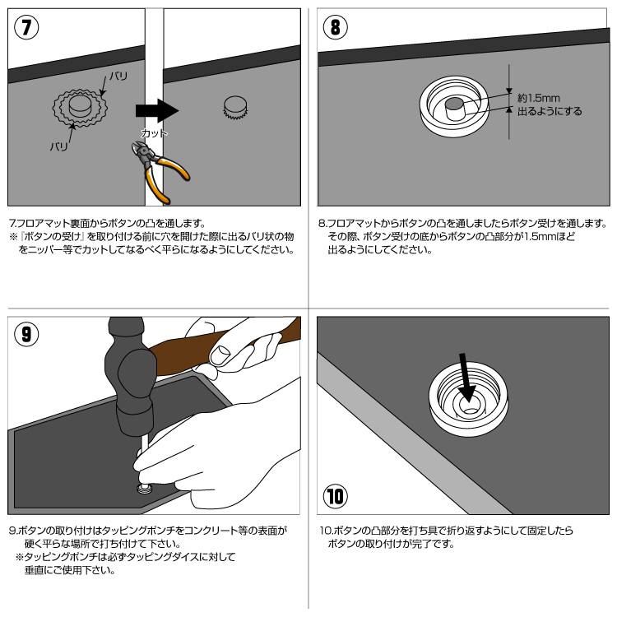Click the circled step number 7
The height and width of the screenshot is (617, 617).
pyautogui.click(x=26, y=27)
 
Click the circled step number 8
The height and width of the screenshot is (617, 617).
pyautogui.click(x=335, y=27)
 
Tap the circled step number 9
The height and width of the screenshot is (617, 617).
pyautogui.click(x=26, y=334)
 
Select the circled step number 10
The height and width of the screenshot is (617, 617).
pyautogui.click(x=336, y=496)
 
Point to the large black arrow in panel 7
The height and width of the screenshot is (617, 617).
pyautogui.click(x=157, y=110)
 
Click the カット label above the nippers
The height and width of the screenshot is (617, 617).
pyautogui.click(x=154, y=133)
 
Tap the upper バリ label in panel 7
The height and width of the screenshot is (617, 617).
pyautogui.click(x=118, y=76)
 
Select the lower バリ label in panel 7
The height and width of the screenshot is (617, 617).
pyautogui.click(x=58, y=146)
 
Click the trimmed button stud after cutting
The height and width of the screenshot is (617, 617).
pyautogui.click(x=235, y=108)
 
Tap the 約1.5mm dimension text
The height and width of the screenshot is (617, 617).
pyautogui.click(x=538, y=98)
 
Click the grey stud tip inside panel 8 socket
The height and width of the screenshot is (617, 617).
pyautogui.click(x=454, y=109)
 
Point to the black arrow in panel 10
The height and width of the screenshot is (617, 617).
pyautogui.click(x=466, y=377)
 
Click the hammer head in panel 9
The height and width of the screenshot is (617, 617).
pyautogui.click(x=130, y=378)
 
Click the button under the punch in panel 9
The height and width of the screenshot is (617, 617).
pyautogui.click(x=144, y=489)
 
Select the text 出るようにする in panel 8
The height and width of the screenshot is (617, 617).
pyautogui.click(x=550, y=112)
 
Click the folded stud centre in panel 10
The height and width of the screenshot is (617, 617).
pyautogui.click(x=469, y=405)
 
